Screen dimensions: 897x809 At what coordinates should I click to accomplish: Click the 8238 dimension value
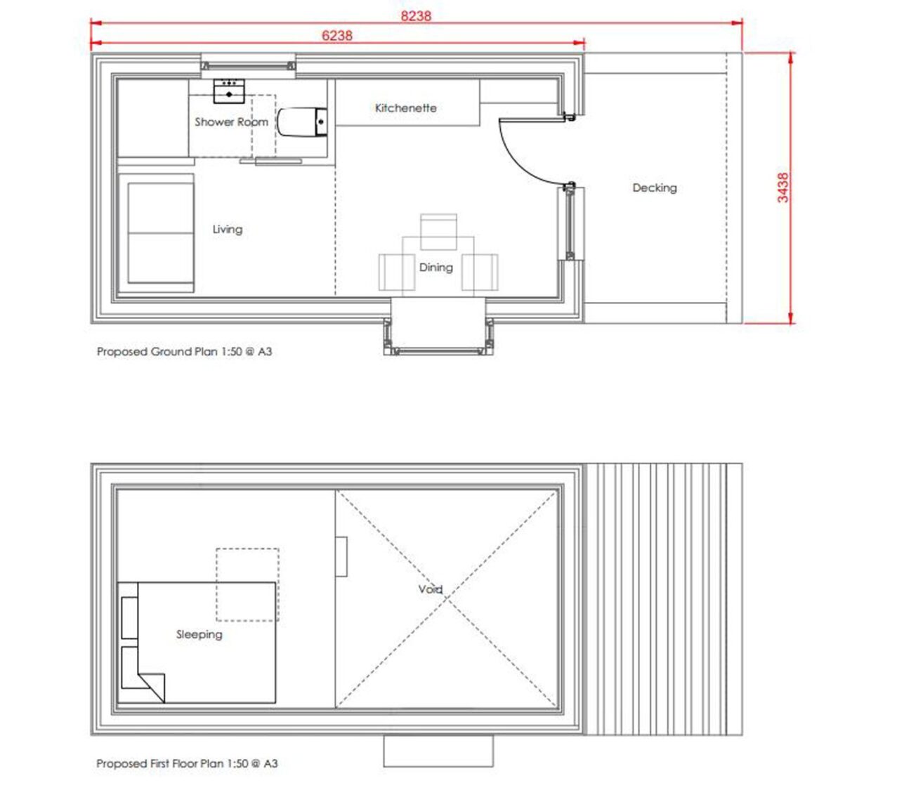click(416, 16)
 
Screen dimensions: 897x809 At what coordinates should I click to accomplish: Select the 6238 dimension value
click(337, 36)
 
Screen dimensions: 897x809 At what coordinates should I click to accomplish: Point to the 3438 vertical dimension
click(783, 188)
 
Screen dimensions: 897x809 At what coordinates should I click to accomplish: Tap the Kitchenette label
click(405, 107)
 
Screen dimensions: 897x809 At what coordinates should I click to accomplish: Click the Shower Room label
click(231, 121)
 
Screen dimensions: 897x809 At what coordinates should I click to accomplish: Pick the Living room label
click(228, 230)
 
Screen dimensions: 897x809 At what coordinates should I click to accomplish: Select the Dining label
click(436, 268)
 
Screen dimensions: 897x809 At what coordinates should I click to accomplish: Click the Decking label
click(655, 188)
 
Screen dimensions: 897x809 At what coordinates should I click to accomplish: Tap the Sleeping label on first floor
click(199, 634)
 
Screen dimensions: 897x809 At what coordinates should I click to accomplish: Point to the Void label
click(430, 589)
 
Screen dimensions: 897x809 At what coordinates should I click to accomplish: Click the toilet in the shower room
click(302, 121)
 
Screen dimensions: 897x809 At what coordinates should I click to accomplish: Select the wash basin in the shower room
click(229, 91)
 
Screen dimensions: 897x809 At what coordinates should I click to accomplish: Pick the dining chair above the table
click(438, 232)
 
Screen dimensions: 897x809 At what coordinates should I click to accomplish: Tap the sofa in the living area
click(156, 233)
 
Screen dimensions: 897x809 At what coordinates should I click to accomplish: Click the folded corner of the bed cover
click(152, 688)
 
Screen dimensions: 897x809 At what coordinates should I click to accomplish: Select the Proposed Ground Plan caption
click(184, 352)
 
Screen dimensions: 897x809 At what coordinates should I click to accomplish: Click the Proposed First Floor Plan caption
click(187, 763)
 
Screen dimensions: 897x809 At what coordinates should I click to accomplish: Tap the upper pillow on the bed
click(130, 617)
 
